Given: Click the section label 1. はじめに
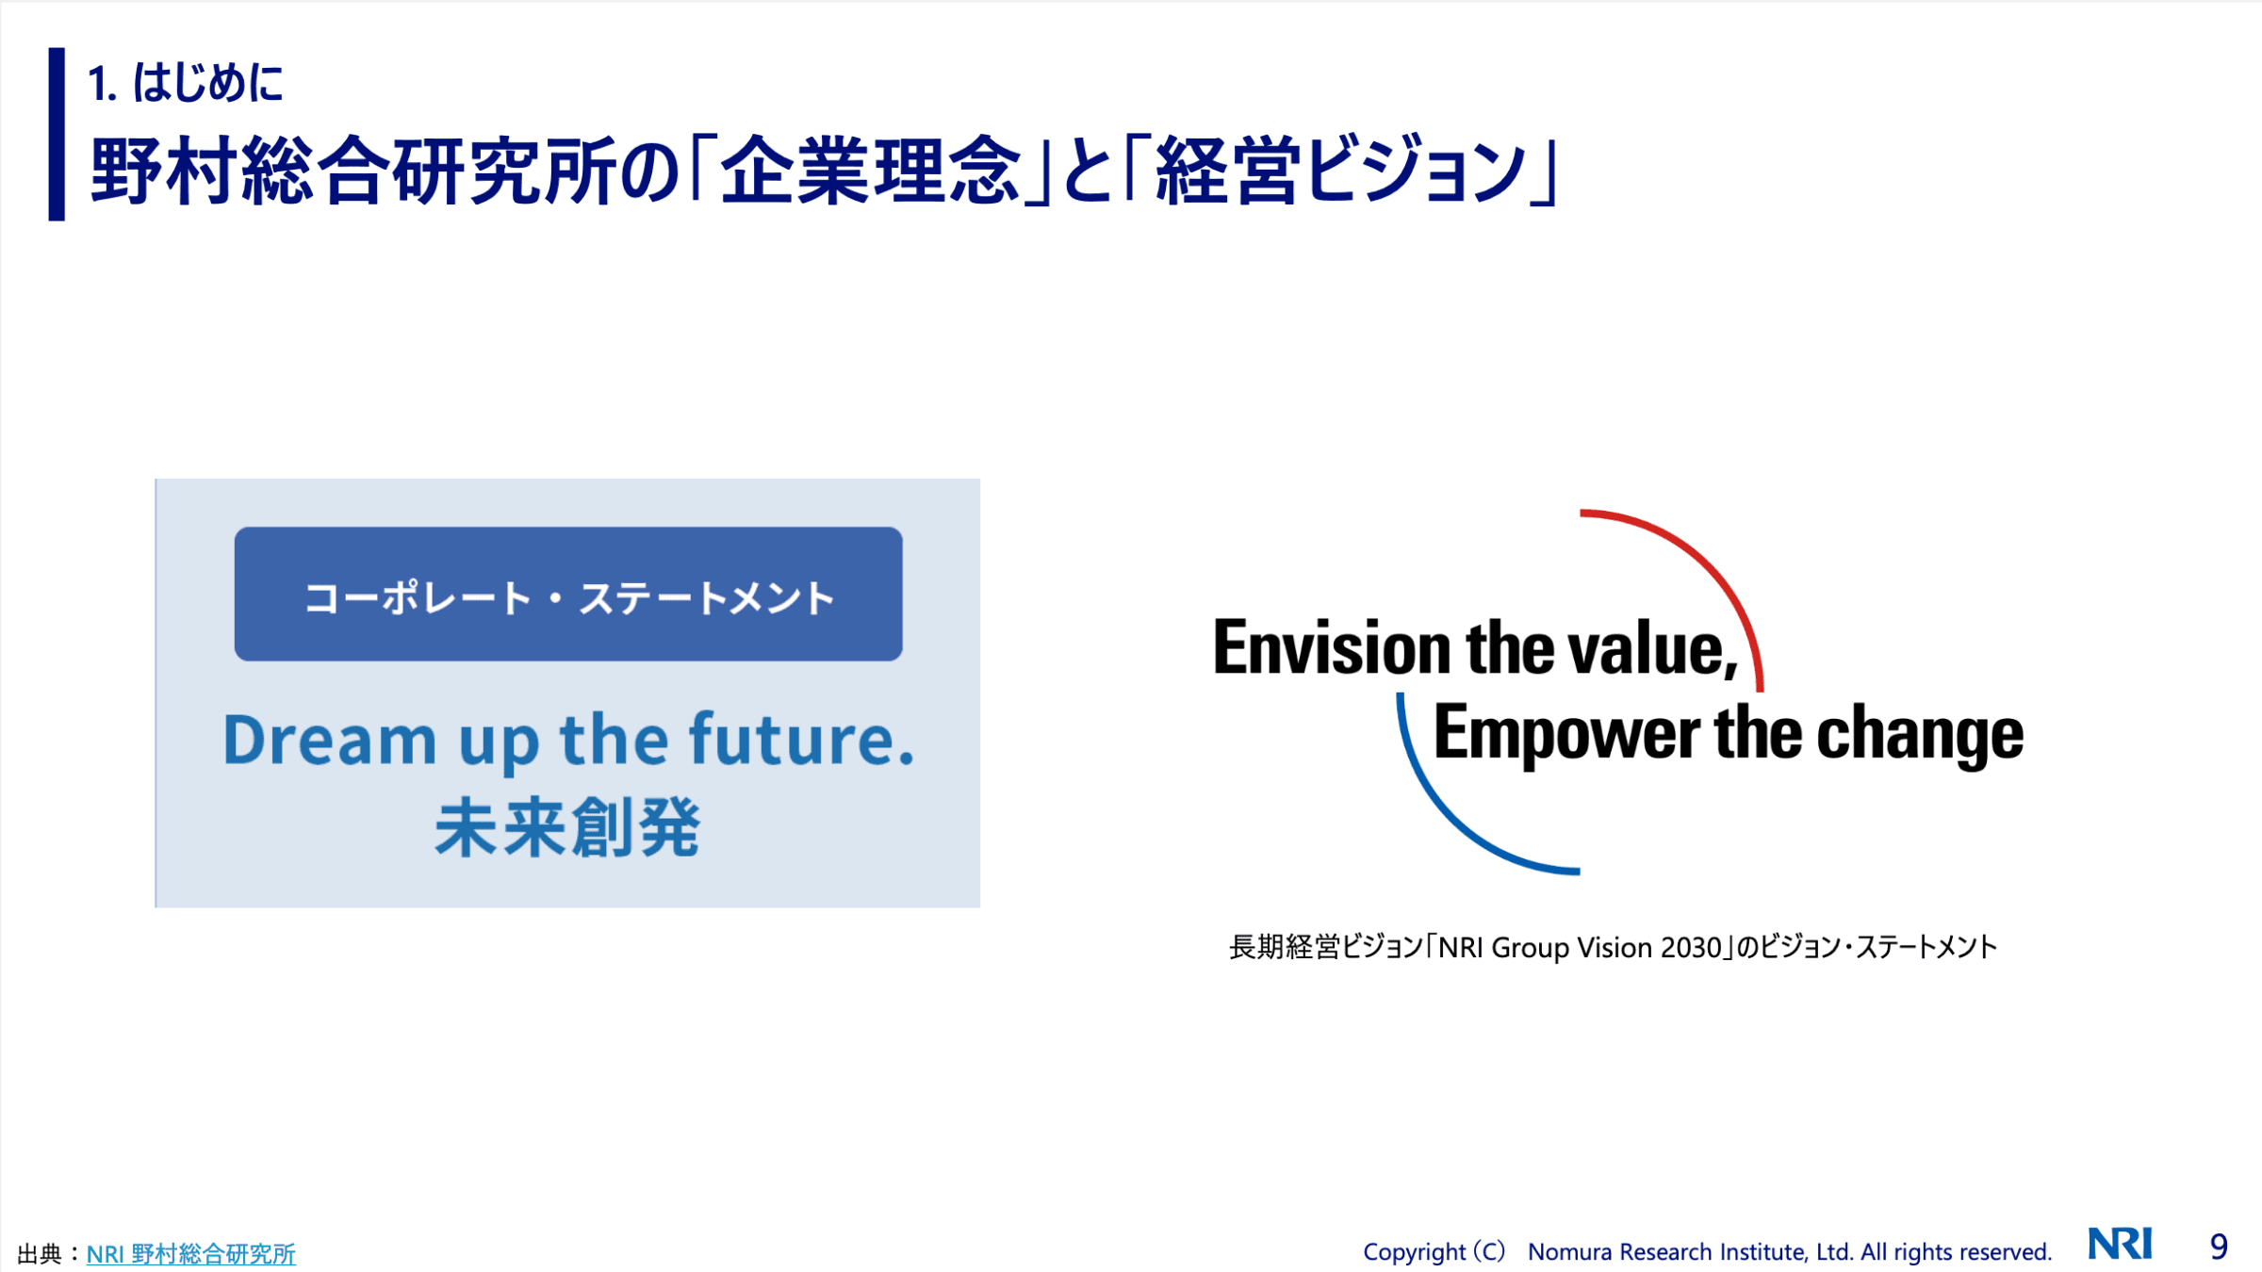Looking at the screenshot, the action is coord(185,82).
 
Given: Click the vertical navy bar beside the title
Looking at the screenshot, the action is coord(57,134).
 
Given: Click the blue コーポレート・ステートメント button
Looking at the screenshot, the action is coord(568,594).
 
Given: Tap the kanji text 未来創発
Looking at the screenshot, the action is coord(567,827).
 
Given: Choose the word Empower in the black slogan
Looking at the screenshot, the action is coord(1566,734).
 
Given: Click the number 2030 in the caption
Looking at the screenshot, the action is coord(1691,947).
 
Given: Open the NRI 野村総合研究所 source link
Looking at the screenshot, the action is coord(191,1253).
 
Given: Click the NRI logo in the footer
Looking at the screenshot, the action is coord(2120,1244).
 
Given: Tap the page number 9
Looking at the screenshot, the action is coord(2219,1247).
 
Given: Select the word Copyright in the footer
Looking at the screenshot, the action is coord(1414,1252).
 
